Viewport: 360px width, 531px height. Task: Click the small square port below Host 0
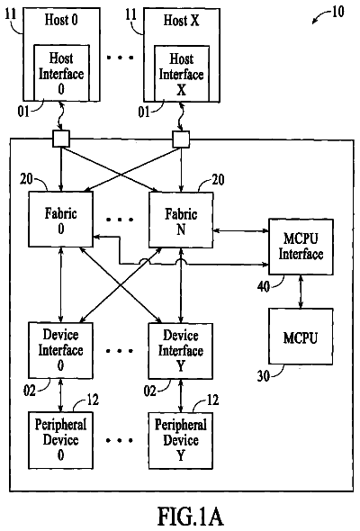pos(61,139)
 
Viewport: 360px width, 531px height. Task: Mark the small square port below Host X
pos(181,139)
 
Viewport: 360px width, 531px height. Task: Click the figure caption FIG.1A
pos(190,517)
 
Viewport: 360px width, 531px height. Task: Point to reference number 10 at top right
pos(337,13)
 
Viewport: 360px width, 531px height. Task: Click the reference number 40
pos(264,287)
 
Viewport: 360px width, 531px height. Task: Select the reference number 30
pos(264,376)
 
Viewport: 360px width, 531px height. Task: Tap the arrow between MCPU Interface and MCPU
pos(301,292)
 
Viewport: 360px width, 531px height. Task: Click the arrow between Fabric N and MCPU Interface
pos(241,230)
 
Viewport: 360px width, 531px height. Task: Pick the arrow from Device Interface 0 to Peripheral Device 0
pos(60,395)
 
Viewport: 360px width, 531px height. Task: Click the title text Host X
pos(181,21)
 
